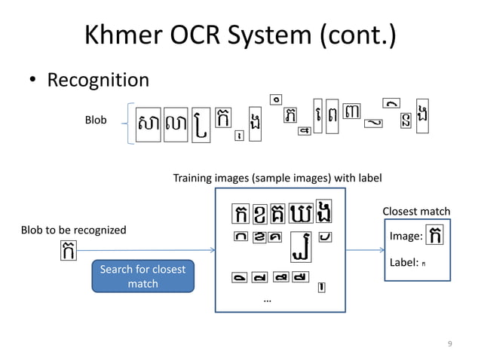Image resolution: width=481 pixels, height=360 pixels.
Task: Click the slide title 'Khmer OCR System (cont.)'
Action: pos(240,35)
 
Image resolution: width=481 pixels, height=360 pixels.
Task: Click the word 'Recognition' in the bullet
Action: pos(98,80)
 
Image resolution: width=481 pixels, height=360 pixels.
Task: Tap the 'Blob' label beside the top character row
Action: pos(95,121)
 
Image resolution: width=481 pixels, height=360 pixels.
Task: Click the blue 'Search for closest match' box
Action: pos(142,276)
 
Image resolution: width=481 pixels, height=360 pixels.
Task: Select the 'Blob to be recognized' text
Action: pos(73,230)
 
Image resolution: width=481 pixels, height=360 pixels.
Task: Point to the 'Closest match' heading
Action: pos(416,212)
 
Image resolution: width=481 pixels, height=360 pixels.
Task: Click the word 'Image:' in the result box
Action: pos(406,237)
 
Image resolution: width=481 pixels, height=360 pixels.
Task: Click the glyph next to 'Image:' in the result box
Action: pos(435,236)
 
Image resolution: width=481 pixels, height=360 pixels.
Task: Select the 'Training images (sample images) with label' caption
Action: pos(277,178)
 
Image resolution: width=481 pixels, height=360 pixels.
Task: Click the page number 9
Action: pos(450,344)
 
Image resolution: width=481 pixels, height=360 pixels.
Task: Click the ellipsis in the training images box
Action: pos(268,301)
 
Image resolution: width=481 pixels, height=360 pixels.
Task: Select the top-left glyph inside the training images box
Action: pos(241,214)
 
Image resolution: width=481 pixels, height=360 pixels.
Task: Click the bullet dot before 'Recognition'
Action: pos(33,81)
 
